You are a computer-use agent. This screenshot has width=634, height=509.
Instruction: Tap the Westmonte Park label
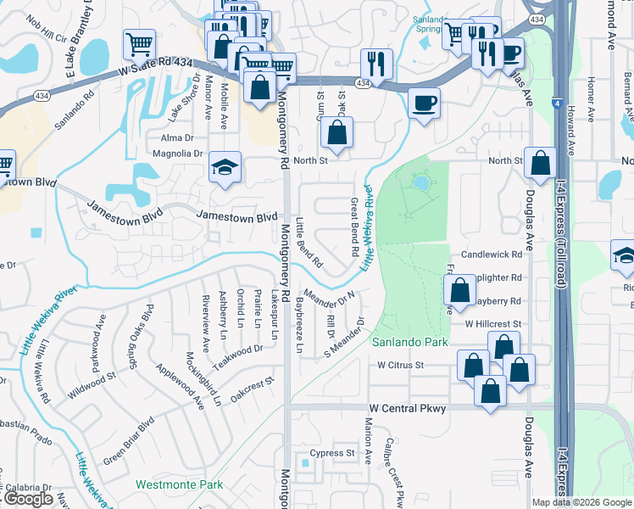pyautogui.click(x=179, y=484)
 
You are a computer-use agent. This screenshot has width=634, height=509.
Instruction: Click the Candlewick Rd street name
pyautogui.click(x=492, y=255)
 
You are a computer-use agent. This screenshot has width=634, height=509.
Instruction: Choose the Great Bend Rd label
pyautogui.click(x=353, y=228)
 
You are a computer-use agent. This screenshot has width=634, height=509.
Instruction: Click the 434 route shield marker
pyautogui.click(x=363, y=83)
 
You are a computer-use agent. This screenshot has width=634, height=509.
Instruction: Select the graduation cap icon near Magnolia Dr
pyautogui.click(x=225, y=167)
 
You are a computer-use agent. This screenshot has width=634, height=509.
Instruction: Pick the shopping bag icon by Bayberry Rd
pyautogui.click(x=459, y=291)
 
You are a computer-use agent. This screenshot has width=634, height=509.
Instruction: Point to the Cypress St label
pyautogui.click(x=332, y=453)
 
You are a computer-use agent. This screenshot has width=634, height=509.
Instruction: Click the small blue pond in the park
pyautogui.click(x=420, y=182)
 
